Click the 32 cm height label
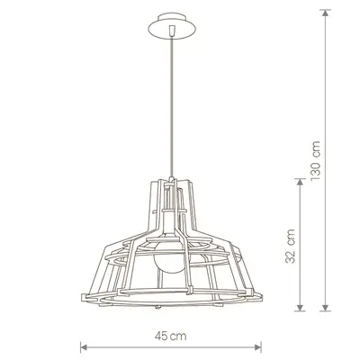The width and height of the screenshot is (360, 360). pyautogui.click(x=290, y=247)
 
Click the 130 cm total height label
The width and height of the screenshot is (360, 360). pyautogui.click(x=316, y=160)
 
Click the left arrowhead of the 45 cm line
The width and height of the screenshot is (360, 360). pyautogui.click(x=84, y=347)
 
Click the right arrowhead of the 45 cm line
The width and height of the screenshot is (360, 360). pyautogui.click(x=258, y=347)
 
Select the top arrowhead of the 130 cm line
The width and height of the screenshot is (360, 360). pyautogui.click(x=325, y=13)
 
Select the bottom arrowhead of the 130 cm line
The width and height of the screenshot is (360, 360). pyautogui.click(x=325, y=308)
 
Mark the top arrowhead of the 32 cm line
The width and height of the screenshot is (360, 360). pyautogui.click(x=300, y=183)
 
